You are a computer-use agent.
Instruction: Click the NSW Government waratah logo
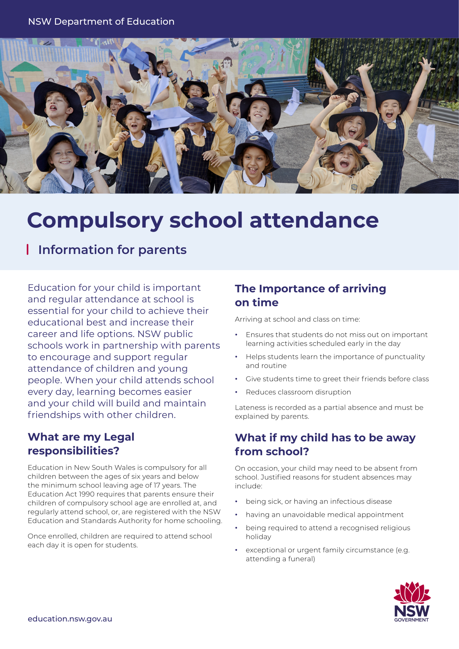tap(412, 601)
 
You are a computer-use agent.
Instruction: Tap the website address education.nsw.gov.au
tap(70, 619)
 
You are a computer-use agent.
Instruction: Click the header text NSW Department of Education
tap(101, 22)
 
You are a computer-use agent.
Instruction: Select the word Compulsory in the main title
tap(95, 220)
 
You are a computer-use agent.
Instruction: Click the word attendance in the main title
tap(314, 220)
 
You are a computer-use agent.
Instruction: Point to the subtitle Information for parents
tap(112, 250)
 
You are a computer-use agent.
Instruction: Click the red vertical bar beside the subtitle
tap(28, 249)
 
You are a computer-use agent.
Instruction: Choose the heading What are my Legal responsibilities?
tap(81, 444)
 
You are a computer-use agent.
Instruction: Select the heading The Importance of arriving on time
tap(310, 295)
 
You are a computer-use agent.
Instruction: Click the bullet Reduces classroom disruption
tap(298, 392)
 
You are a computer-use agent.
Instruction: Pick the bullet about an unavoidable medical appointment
tap(324, 514)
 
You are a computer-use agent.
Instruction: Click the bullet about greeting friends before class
tap(337, 379)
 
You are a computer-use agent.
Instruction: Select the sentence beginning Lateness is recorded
tap(329, 412)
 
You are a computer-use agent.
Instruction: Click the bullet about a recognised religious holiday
tap(328, 532)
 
